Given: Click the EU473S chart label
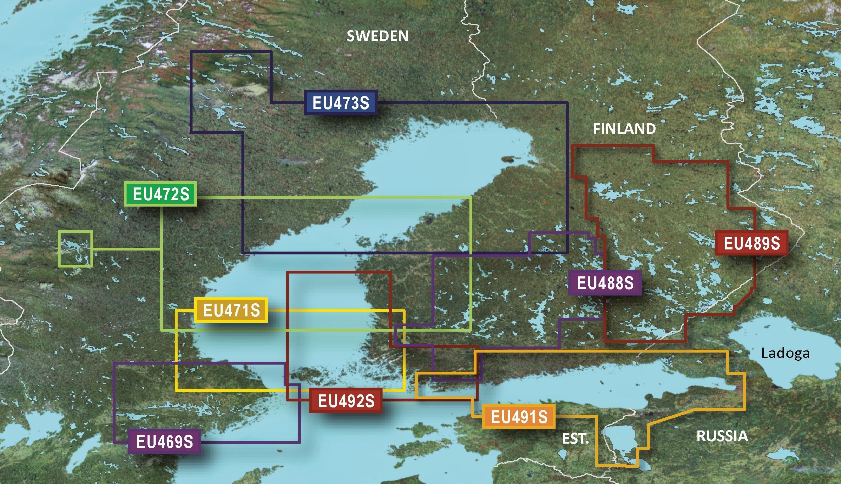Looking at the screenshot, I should point(340,103).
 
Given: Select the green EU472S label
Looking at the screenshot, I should point(161,194).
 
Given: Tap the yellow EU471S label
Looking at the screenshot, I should point(231,310).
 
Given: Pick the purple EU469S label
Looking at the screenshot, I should point(164,442).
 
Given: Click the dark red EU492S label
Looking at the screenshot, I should point(346,401).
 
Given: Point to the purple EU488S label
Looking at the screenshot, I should point(605,283).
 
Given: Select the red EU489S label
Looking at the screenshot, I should point(751,243).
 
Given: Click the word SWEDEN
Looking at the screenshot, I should point(377,36).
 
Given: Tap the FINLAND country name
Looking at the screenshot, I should point(624,129).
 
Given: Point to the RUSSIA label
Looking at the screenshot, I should point(722,436).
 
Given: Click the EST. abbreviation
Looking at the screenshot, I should point(575,439).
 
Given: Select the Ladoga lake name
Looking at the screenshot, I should point(785,353).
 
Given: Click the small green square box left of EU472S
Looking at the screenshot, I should point(76,248).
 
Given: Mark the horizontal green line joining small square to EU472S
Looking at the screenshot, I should point(126,249).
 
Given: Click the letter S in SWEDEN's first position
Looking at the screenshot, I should point(351,36).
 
